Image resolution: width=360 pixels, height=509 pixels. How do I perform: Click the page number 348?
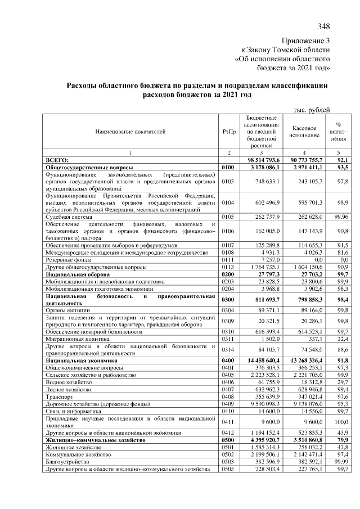[323, 26]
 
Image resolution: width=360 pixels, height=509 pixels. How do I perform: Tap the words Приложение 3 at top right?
[305, 41]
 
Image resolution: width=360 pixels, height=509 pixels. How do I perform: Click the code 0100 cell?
[228, 168]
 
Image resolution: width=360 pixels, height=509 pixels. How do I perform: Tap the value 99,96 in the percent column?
[339, 217]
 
